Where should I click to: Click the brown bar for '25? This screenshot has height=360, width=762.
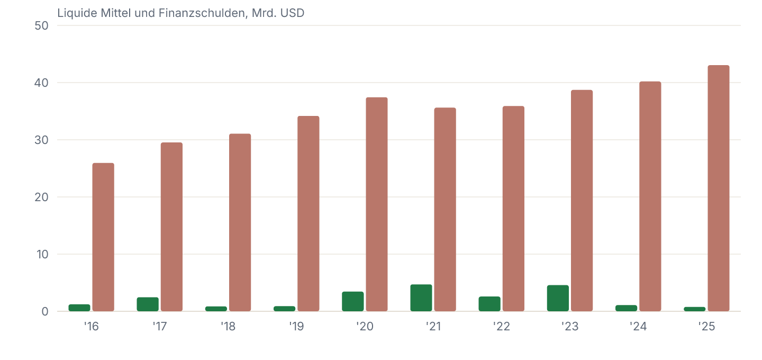(719, 188)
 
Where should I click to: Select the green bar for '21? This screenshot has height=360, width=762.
(421, 298)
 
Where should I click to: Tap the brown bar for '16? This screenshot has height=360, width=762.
(103, 237)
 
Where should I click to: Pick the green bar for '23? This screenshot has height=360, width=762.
(558, 298)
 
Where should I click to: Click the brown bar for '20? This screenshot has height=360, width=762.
(377, 204)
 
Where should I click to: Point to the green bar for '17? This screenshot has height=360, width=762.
(148, 304)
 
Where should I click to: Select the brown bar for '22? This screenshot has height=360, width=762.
(513, 209)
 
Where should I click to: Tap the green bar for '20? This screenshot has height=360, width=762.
(353, 301)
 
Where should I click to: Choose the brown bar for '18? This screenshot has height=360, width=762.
(240, 222)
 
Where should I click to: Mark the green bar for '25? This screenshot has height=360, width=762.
(695, 309)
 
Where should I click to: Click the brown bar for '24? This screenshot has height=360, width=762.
(650, 196)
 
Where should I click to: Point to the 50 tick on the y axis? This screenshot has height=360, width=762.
(41, 26)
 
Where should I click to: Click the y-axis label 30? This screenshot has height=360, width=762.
(41, 140)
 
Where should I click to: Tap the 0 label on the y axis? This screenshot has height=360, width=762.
(45, 312)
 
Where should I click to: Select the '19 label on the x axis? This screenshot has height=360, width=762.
(296, 326)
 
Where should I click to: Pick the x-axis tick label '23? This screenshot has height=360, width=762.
(570, 326)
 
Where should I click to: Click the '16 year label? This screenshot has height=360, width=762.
(91, 326)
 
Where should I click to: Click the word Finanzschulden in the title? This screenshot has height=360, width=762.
(203, 13)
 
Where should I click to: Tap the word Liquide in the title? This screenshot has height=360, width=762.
(77, 13)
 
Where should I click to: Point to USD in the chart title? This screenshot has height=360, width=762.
(292, 13)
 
